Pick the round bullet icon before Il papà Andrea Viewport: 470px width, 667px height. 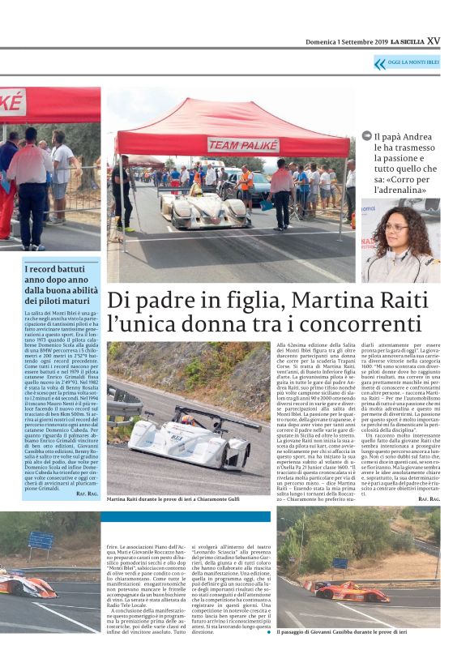(367, 137)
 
